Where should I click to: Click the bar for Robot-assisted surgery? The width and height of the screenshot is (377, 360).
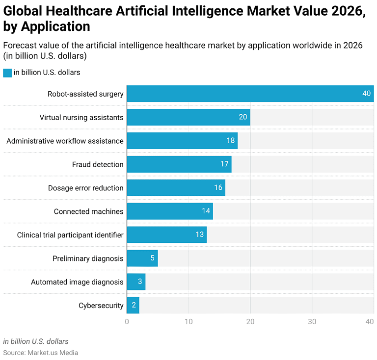[250, 94]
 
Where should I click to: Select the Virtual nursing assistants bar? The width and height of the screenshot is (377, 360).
[188, 117]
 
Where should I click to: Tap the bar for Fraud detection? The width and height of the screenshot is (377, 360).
[179, 164]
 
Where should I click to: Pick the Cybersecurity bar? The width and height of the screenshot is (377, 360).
[133, 306]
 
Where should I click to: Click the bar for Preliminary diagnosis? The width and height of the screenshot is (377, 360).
[142, 258]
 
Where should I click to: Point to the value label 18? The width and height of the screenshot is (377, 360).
[231, 141]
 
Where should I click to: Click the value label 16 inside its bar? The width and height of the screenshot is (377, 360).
[218, 188]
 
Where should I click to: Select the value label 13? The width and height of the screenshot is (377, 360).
[200, 235]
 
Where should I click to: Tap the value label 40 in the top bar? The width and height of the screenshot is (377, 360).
[367, 94]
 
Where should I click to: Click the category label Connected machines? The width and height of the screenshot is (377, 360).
[89, 211]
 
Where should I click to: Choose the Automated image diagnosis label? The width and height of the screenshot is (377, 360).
[77, 282]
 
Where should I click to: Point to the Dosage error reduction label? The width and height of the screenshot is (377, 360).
[86, 188]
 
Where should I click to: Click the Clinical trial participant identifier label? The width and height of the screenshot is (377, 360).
[70, 235]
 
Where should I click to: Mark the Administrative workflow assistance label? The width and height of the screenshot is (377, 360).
[65, 141]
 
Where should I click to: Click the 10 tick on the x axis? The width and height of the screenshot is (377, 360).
[188, 322]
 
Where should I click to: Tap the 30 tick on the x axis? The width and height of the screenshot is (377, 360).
[312, 322]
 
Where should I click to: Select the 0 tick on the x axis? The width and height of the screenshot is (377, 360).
[127, 322]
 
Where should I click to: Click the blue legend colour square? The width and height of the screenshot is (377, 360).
[7, 73]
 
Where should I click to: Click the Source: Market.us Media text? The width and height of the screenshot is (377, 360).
[41, 353]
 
